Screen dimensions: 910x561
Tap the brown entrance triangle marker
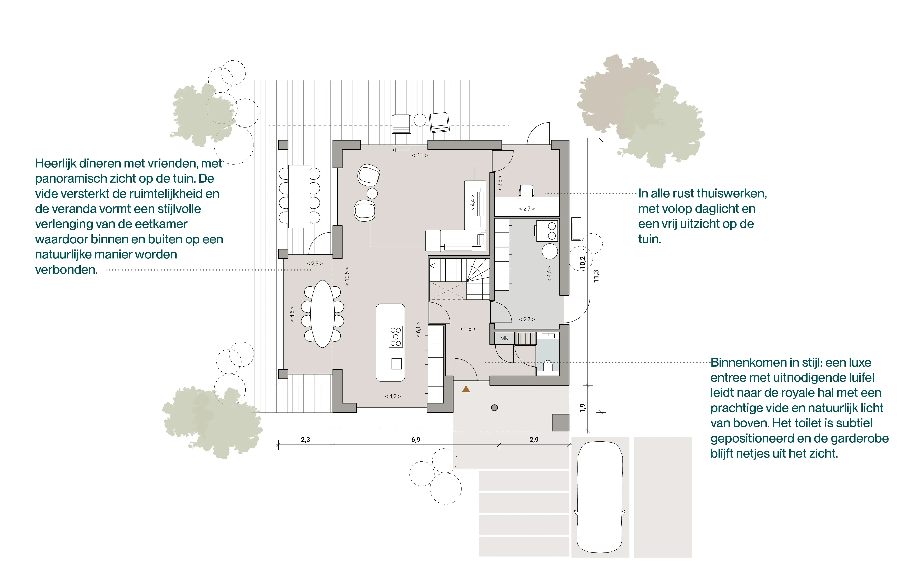(466, 389)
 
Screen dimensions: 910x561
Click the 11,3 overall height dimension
(596, 276)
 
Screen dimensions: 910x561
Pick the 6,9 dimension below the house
(416, 440)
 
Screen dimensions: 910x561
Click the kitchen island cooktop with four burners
(395, 337)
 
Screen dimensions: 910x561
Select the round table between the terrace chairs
(420, 120)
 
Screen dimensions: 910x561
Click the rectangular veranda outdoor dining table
(299, 196)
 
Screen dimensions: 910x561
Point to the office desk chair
(526, 191)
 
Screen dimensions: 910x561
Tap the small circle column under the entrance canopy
(494, 408)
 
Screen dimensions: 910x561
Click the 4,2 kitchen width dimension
(393, 396)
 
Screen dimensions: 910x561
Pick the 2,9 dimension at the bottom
(534, 440)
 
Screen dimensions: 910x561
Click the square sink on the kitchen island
(397, 364)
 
